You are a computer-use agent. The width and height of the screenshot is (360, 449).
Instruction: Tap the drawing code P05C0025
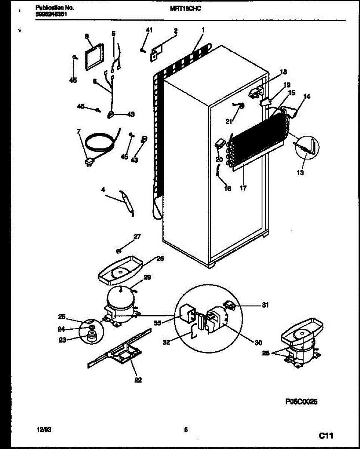point(301,401)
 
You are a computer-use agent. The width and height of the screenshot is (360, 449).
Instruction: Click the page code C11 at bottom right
point(326,435)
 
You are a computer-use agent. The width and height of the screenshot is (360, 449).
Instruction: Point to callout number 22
point(138,380)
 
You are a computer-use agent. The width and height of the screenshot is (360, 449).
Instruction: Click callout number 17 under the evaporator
point(243,188)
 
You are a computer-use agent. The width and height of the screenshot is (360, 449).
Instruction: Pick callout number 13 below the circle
point(301,172)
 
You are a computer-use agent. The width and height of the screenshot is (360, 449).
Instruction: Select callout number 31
point(265,305)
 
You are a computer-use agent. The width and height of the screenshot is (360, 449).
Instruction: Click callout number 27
point(137,236)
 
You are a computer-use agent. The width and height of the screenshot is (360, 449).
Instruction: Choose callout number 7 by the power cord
point(79,131)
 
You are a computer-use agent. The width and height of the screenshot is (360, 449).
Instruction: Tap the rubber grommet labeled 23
point(91,338)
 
